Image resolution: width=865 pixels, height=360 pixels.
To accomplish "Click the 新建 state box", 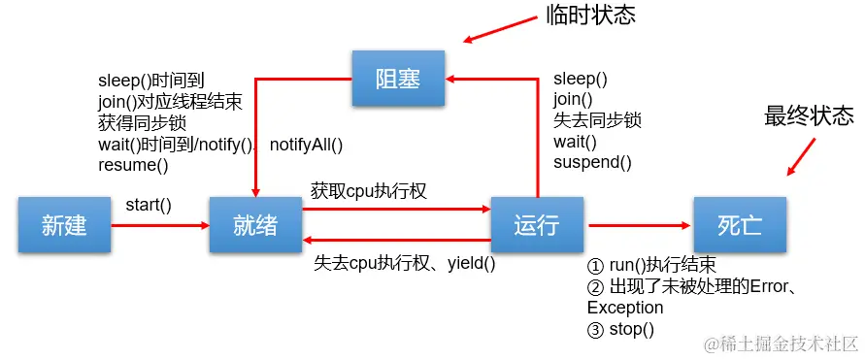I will coord(65,225).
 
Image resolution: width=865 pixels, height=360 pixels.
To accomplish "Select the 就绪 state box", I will coord(255,225).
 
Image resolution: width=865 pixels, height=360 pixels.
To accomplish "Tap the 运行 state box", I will coord(537,225).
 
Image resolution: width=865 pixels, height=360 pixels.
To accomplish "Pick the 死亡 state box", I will coord(740,225).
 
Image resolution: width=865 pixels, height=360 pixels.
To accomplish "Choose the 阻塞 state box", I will coord(398,80).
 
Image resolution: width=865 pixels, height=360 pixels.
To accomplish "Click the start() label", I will coord(149,205).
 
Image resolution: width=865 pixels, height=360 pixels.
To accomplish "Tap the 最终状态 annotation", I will coord(809,115).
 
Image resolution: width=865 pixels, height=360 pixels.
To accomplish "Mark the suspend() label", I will coord(592,162).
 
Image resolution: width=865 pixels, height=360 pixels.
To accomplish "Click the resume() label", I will coord(133,164).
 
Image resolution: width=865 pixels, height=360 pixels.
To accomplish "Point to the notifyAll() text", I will coord(307,144).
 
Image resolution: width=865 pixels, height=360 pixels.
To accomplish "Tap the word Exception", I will coord(625,307).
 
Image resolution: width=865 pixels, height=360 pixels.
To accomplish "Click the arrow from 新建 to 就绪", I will coord(160,225).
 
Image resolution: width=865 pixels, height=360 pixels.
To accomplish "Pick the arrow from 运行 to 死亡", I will coord(639,225).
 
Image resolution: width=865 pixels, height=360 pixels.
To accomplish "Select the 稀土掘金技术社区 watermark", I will coord(782,344).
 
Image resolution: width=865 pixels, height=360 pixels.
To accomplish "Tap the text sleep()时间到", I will coord(151,80).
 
